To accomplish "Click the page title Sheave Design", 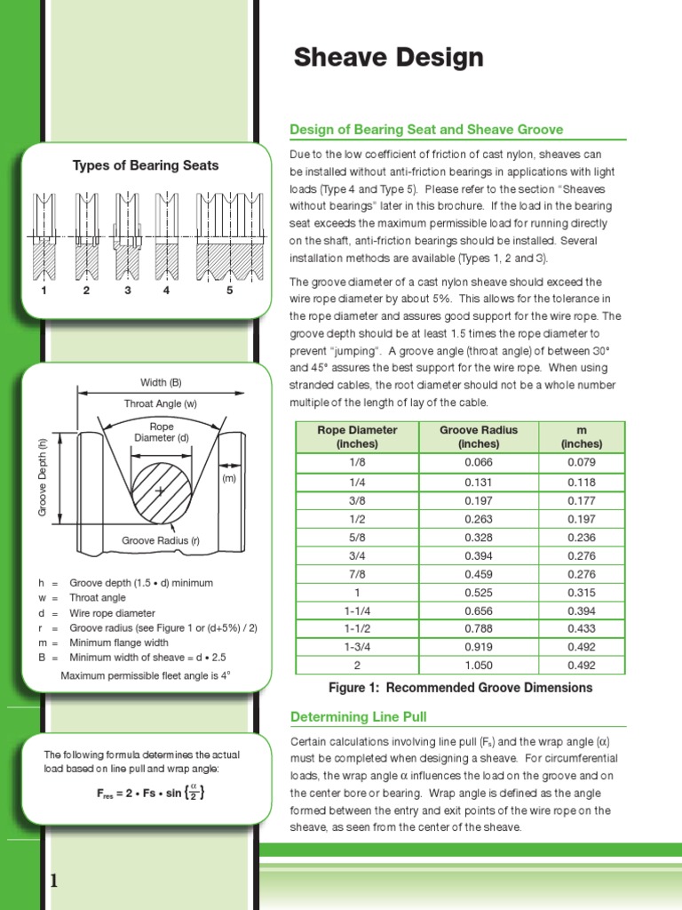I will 389,59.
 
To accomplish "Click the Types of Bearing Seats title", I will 146,165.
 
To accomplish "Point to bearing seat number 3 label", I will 127,291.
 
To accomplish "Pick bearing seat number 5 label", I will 229,291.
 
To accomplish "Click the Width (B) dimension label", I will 161,382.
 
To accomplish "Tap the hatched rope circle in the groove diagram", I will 161,491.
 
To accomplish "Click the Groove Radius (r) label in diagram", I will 161,540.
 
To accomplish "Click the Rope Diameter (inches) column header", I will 357,436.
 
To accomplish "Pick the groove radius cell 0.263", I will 478,518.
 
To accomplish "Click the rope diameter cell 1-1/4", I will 357,611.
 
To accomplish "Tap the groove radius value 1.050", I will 478,666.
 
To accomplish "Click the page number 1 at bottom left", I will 54,881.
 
